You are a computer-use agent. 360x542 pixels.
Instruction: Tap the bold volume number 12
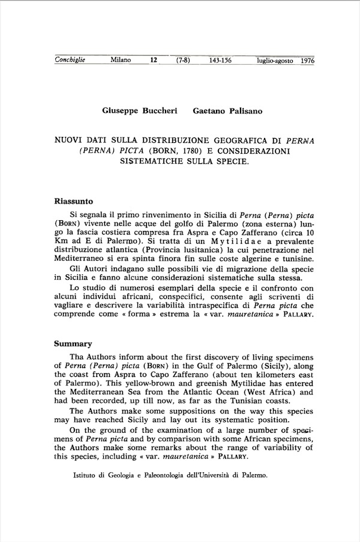(x=154, y=60)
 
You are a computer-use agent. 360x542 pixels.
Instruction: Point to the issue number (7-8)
(x=182, y=60)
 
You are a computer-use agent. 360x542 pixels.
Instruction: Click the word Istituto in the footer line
(x=86, y=474)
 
